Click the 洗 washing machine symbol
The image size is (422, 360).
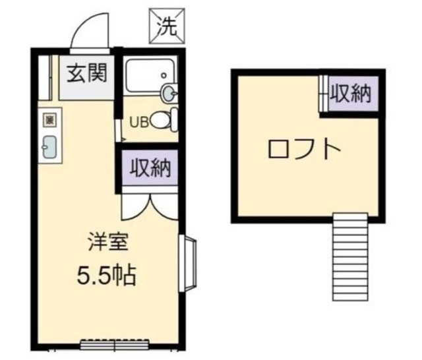click(166, 25)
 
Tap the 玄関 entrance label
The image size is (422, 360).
click(85, 73)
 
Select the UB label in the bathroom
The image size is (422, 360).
click(139, 121)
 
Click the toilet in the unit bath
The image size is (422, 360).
click(164, 121)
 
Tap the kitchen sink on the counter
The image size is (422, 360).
click(49, 147)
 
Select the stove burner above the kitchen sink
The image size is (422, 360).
click(49, 120)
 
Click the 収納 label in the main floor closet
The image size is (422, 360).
click(150, 168)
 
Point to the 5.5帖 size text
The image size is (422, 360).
click(105, 274)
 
